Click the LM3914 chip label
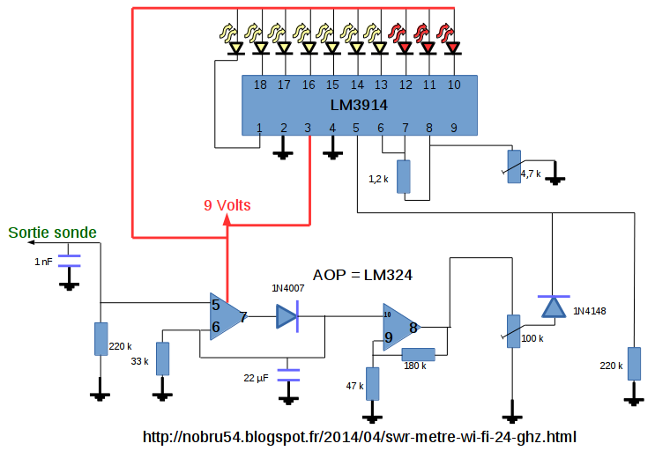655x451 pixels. [359, 105]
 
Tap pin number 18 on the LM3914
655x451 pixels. [260, 85]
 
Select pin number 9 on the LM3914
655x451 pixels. [453, 128]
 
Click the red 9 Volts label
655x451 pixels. [227, 205]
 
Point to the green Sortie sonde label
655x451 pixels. [53, 233]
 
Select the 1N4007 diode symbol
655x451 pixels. [287, 315]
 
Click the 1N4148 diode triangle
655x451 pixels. [553, 306]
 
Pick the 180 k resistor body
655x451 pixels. [419, 354]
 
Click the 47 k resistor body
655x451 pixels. [373, 384]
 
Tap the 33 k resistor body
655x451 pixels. [162, 359]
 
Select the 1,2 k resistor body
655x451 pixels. [404, 177]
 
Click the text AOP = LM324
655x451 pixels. [363, 276]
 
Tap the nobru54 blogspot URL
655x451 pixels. [360, 436]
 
